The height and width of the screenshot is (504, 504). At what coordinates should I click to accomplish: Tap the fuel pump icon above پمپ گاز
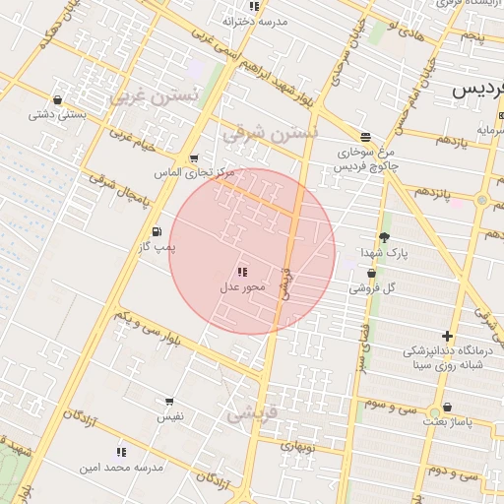pyautogui.click(x=157, y=231)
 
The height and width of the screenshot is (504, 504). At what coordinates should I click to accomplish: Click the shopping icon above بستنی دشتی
pyautogui.click(x=57, y=99)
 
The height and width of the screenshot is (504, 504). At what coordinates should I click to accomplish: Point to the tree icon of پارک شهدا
pyautogui.click(x=383, y=237)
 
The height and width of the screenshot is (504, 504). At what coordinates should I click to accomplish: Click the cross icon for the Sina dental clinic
pyautogui.click(x=448, y=336)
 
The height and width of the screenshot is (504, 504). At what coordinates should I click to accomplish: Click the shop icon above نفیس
pyautogui.click(x=169, y=402)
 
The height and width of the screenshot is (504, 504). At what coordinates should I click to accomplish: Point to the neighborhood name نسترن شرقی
pyautogui.click(x=270, y=132)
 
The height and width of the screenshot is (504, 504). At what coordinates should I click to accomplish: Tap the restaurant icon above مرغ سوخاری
pyautogui.click(x=365, y=137)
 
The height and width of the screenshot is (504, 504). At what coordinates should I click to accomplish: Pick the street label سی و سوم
pyautogui.click(x=393, y=406)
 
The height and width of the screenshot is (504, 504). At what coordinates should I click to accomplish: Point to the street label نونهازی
pyautogui.click(x=297, y=445)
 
